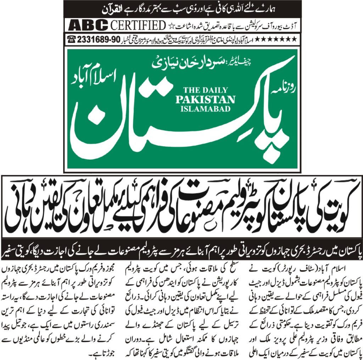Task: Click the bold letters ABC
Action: [x=88, y=26]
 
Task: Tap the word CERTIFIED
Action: [x=138, y=26]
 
